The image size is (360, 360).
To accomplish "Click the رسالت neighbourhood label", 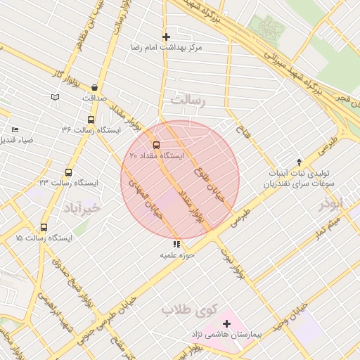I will pyautogui.click(x=191, y=101).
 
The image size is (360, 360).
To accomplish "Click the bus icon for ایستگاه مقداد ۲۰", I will pyautogui.click(x=156, y=145).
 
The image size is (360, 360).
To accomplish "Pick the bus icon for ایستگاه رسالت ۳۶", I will pyautogui.click(x=91, y=120).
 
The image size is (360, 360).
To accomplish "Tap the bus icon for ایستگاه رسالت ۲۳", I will pyautogui.click(x=68, y=172).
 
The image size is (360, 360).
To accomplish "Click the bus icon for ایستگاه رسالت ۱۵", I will pyautogui.click(x=44, y=228).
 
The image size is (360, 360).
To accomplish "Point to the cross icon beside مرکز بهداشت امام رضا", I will pyautogui.click(x=166, y=37).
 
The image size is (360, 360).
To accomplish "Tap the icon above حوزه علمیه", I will pyautogui.click(x=176, y=244).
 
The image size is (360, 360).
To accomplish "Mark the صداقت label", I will pyautogui.click(x=94, y=98).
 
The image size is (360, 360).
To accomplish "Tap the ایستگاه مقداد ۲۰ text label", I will pyautogui.click(x=156, y=155).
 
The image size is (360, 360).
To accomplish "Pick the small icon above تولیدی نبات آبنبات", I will pyautogui.click(x=299, y=162).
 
